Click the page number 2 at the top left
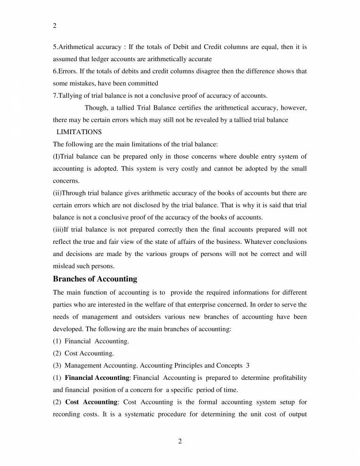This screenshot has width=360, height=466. (55, 27)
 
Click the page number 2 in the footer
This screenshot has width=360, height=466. (180, 441)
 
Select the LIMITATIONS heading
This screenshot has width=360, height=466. (79, 132)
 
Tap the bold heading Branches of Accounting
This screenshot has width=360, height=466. (95, 279)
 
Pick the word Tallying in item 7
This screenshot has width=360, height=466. (70, 96)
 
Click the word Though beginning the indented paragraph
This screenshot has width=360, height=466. (96, 108)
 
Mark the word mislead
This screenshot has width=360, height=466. (64, 266)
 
